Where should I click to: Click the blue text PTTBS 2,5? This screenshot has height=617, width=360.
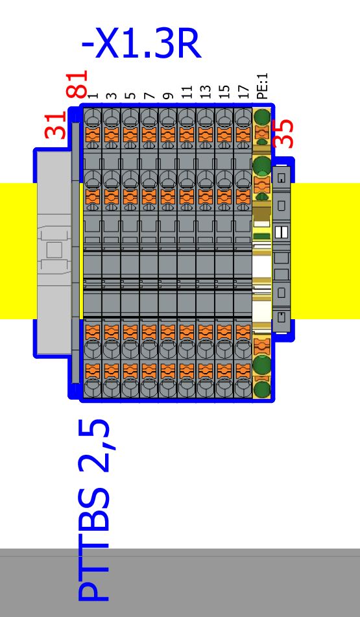(93, 510)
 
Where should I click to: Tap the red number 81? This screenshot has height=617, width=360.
(77, 84)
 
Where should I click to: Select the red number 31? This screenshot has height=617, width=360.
(56, 125)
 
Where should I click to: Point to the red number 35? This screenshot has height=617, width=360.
(283, 134)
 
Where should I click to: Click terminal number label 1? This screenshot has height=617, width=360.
(93, 95)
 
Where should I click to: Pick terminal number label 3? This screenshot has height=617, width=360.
(112, 95)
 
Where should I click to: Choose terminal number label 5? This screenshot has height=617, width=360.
(130, 95)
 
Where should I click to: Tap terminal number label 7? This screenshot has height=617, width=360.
(149, 95)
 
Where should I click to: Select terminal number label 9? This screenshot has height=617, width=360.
(168, 95)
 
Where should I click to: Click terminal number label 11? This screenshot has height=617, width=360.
(187, 92)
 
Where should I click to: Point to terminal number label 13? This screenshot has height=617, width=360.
(206, 92)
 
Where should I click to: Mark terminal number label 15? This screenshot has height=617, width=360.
(224, 92)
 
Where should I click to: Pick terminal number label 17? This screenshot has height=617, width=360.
(243, 92)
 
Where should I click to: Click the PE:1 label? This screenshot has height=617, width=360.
(263, 86)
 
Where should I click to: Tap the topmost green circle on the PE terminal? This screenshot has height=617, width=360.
(262, 117)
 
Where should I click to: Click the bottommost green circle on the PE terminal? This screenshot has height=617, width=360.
(261, 390)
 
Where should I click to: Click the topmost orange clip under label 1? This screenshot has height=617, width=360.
(93, 134)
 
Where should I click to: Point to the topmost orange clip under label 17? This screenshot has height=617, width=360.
(243, 134)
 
